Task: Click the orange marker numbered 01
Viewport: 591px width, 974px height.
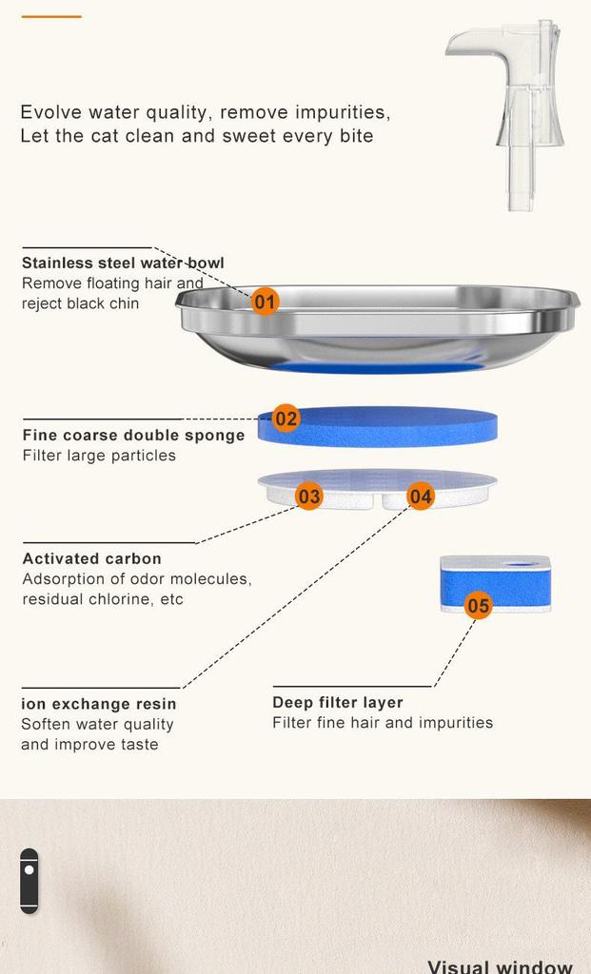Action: click(x=266, y=302)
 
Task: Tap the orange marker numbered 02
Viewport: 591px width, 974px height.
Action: click(x=286, y=418)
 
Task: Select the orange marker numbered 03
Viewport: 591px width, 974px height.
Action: click(x=309, y=496)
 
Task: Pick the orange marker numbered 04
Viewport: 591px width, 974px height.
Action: click(x=421, y=496)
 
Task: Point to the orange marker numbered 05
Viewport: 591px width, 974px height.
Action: click(x=478, y=606)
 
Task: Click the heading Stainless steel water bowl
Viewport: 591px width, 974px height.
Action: click(x=123, y=263)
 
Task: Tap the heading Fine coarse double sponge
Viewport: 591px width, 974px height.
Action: click(x=133, y=436)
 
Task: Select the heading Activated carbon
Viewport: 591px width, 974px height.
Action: click(x=91, y=558)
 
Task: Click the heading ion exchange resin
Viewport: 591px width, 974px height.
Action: click(x=98, y=704)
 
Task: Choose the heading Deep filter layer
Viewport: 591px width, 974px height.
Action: click(x=337, y=702)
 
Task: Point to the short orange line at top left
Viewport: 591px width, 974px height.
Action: click(x=51, y=16)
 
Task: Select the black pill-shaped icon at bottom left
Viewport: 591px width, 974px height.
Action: click(x=30, y=881)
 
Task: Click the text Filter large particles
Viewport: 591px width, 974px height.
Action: click(x=99, y=456)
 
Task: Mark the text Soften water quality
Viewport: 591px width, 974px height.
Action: click(x=97, y=724)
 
